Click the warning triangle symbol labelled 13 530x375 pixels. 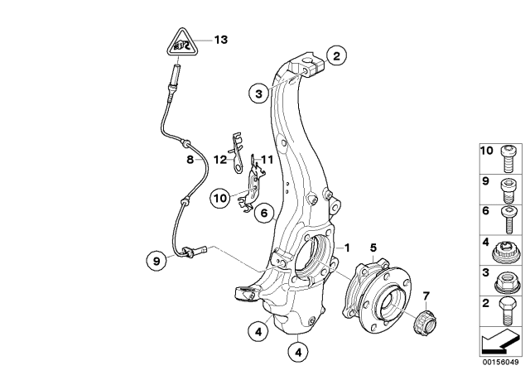[x=184, y=43]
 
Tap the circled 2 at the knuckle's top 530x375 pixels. [x=335, y=56]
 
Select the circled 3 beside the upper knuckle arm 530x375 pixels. [x=259, y=94]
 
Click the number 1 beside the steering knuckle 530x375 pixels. [x=349, y=248]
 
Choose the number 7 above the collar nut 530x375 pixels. [x=426, y=296]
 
